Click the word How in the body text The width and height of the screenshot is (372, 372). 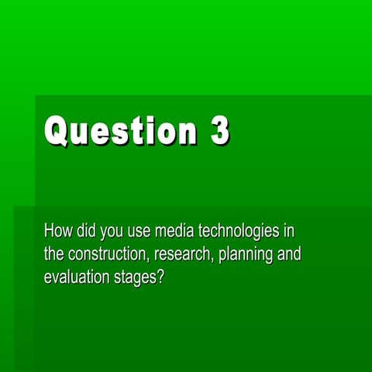coord(58,231)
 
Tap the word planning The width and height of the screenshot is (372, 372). coord(246,255)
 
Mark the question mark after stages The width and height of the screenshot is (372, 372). coord(160,277)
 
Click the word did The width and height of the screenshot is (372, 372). coord(86,231)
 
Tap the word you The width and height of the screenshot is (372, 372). coord(112,232)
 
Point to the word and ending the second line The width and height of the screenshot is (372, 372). coord(289,254)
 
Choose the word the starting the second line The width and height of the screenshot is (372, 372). coord(54,254)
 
